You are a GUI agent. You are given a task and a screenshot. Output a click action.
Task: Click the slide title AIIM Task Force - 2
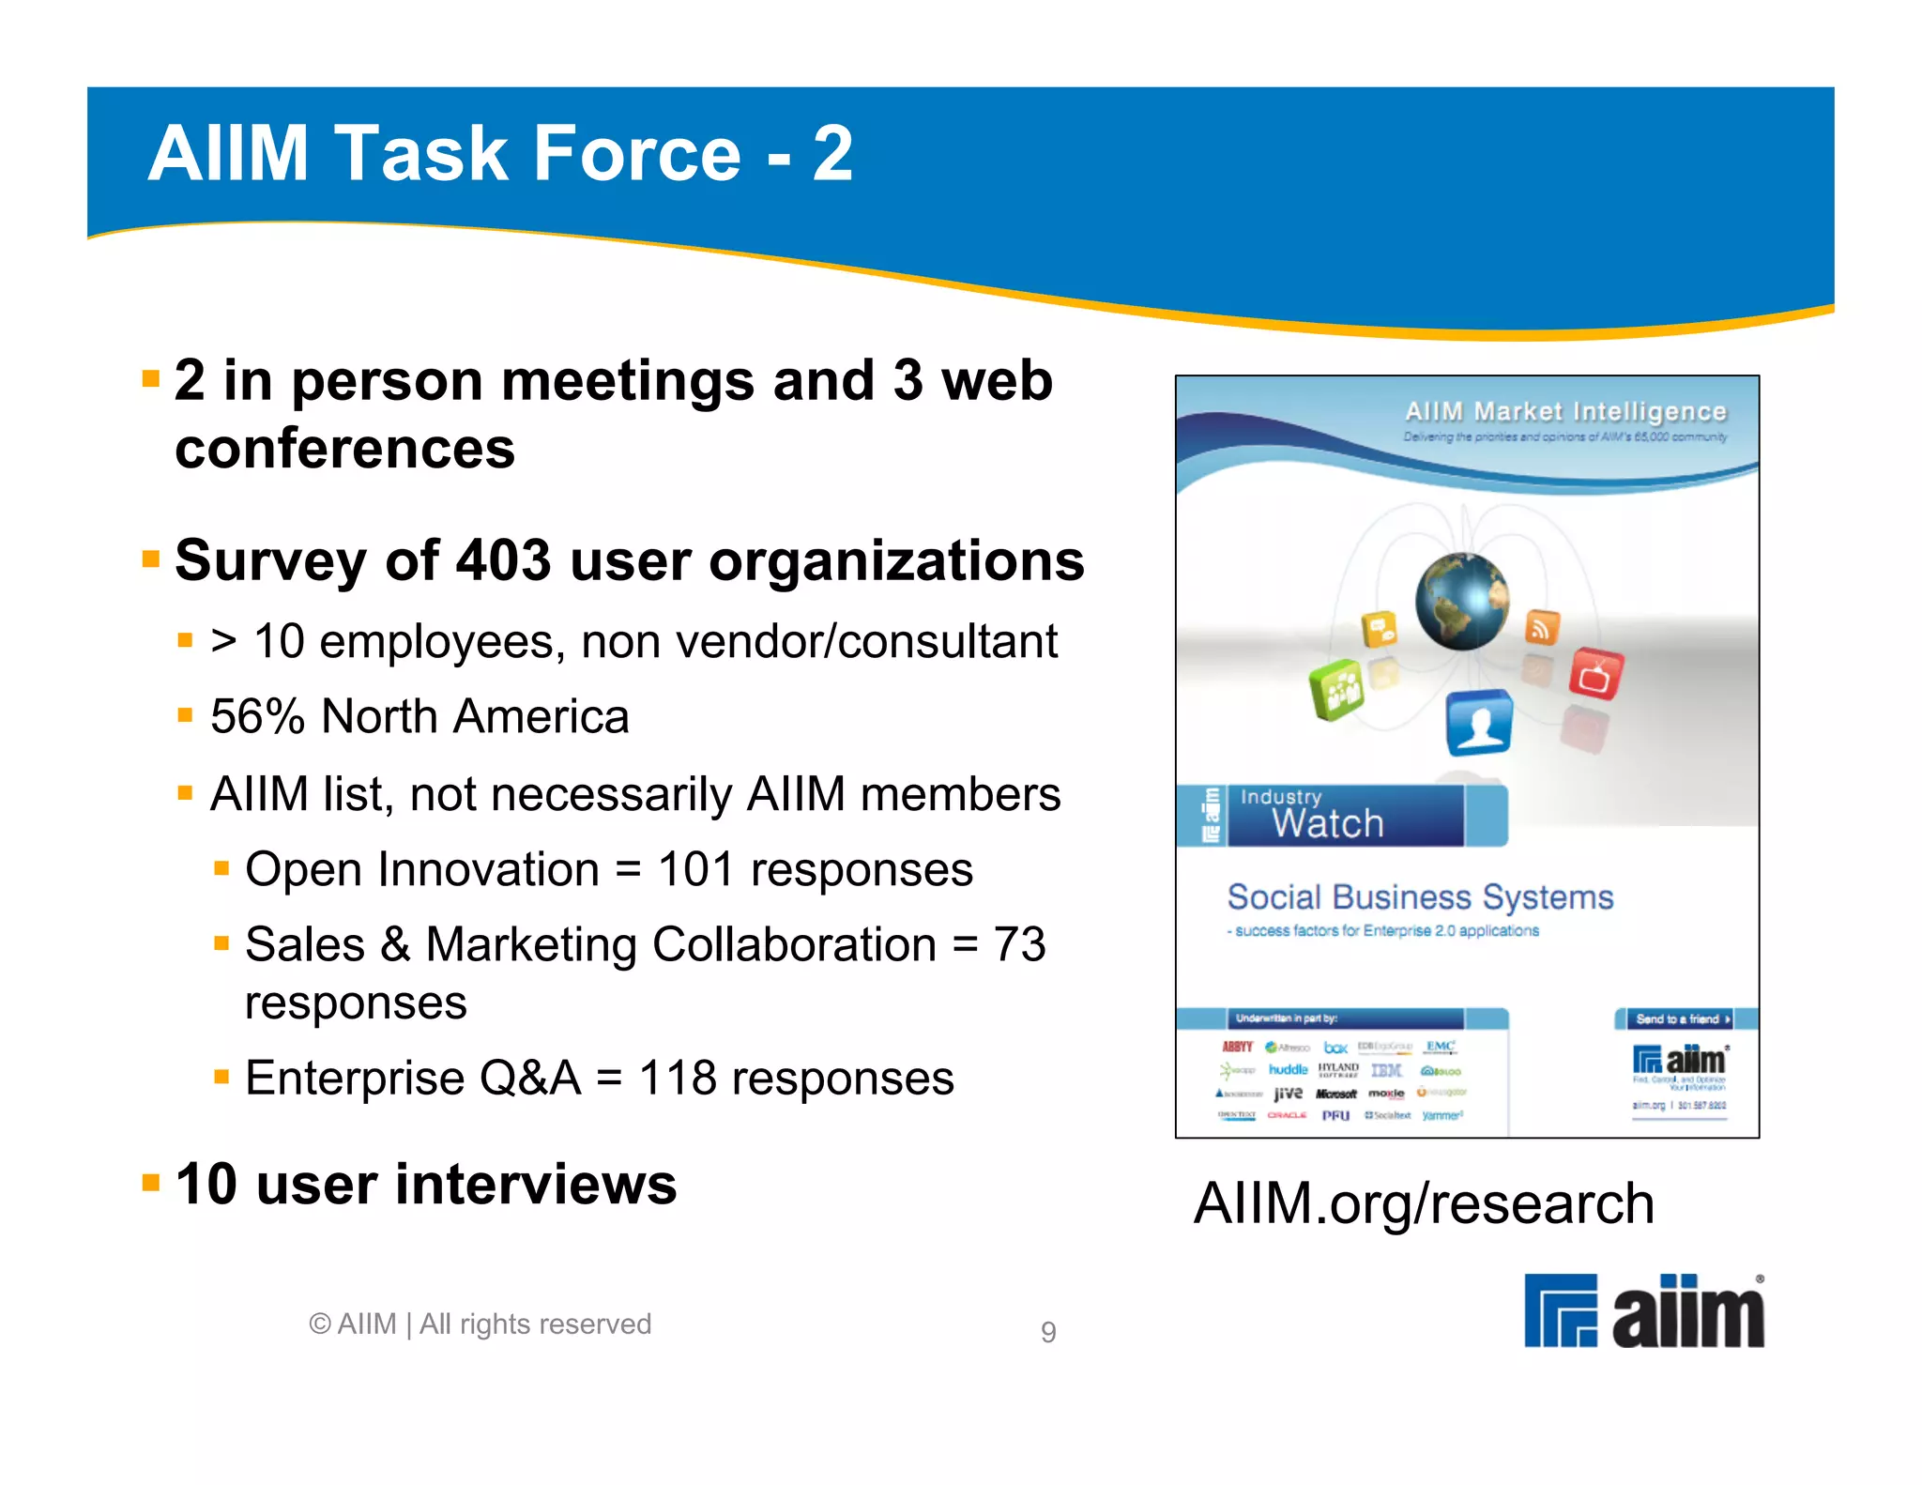500,153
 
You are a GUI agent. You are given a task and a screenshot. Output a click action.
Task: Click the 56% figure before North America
257,717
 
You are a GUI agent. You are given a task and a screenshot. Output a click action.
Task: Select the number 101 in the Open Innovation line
695,869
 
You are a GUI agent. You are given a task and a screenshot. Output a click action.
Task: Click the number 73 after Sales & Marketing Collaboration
1019,944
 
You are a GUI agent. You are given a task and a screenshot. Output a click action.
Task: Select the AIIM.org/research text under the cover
1423,1203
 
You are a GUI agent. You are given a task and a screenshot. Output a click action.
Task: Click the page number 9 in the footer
1048,1332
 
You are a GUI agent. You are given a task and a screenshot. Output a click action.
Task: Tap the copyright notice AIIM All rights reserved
480,1324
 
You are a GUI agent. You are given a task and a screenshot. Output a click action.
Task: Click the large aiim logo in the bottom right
1643,1311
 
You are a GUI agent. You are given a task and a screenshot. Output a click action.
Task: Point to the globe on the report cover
1461,601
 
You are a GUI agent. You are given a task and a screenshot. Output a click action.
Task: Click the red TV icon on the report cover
1594,673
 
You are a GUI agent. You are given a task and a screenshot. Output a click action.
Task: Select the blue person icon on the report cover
1479,722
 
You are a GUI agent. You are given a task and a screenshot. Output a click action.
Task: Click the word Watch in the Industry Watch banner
1327,823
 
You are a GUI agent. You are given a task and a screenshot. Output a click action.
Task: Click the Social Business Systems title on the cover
1420,897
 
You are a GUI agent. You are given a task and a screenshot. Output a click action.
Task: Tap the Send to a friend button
1681,1018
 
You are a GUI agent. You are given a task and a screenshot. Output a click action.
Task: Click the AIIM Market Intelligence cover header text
1564,411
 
